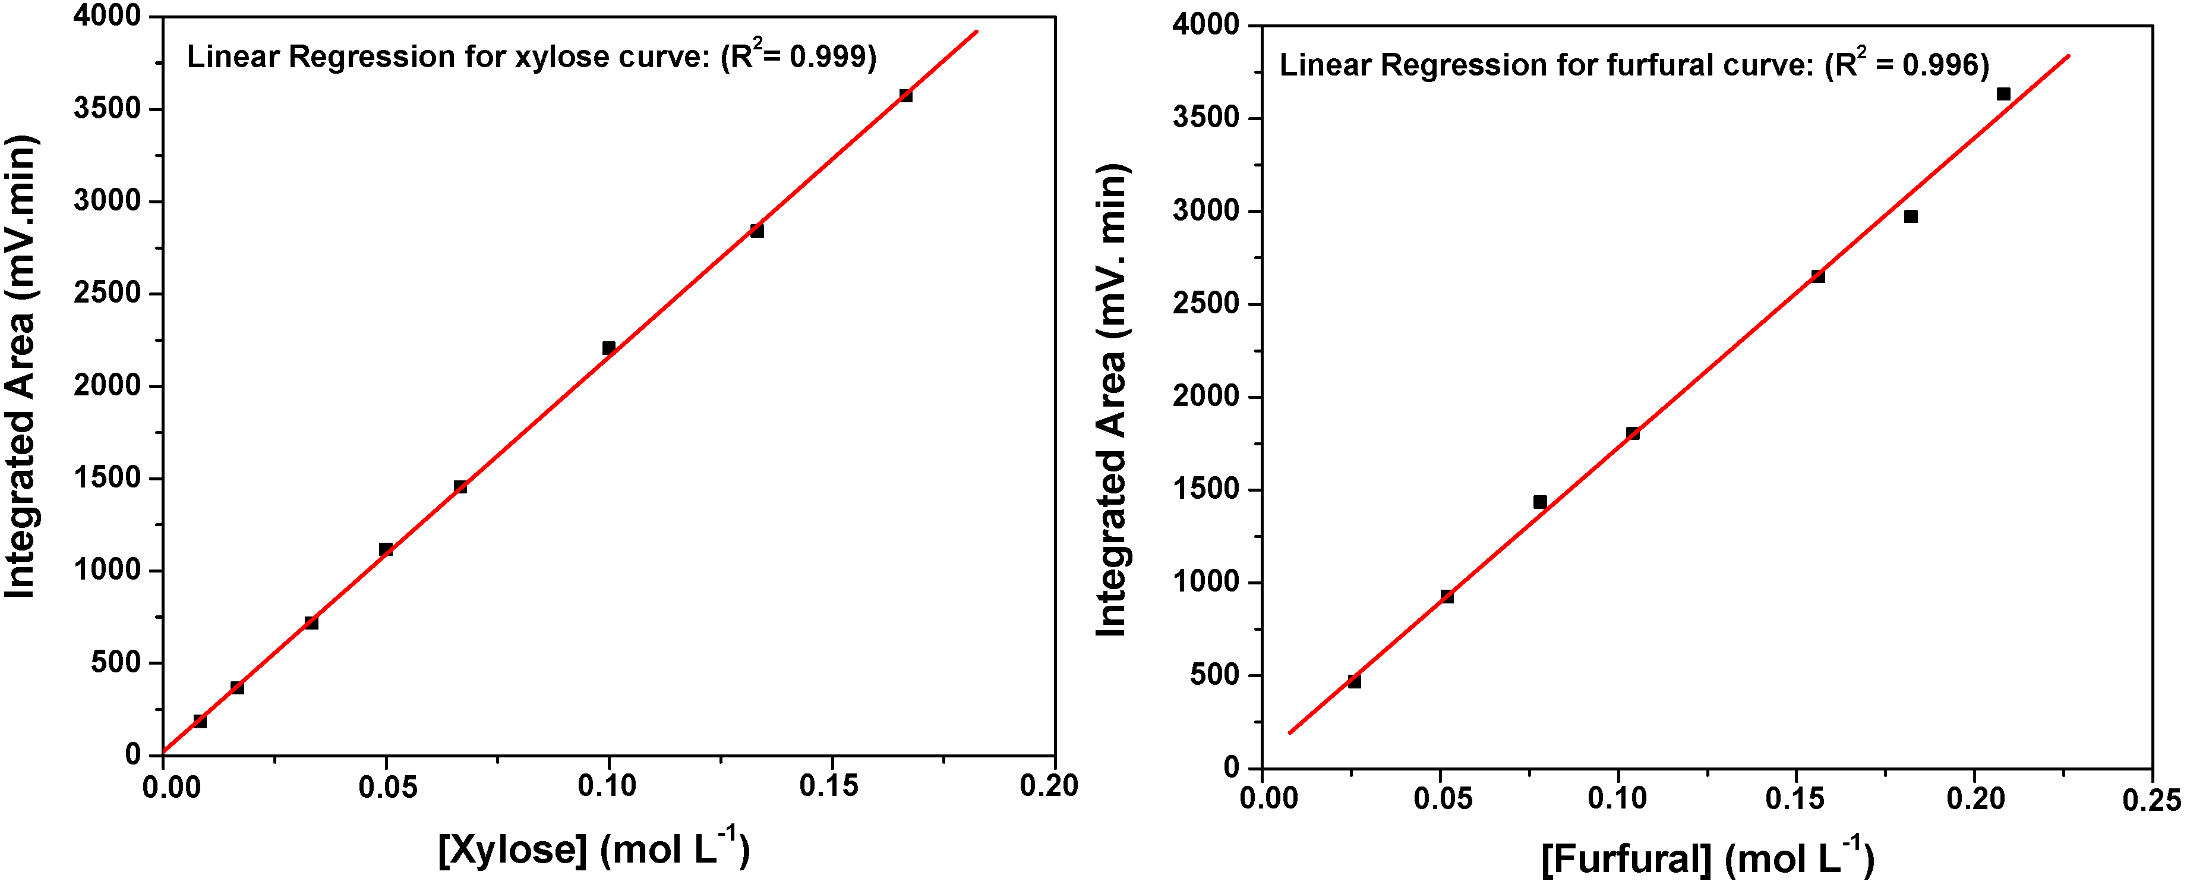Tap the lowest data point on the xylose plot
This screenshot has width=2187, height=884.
click(200, 721)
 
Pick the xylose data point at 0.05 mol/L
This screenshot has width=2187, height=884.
click(386, 549)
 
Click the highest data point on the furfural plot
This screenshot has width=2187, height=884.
click(2003, 93)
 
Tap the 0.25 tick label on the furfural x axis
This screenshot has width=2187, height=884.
click(2151, 799)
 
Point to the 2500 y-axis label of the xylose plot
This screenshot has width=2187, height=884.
click(107, 294)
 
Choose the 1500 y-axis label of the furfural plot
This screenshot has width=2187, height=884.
click(1205, 490)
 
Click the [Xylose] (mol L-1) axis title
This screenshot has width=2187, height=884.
click(594, 848)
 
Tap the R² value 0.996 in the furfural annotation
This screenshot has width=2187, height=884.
click(1939, 65)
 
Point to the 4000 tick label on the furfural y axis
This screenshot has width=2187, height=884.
click(1205, 26)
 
